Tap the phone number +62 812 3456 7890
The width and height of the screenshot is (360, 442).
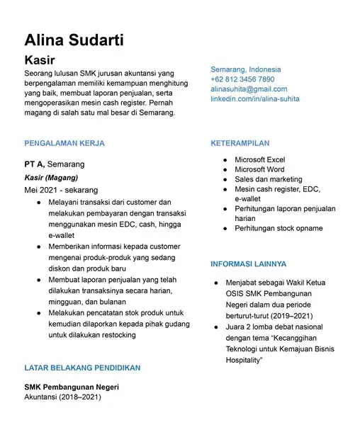(x=242, y=79)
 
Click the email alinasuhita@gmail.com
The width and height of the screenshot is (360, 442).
(x=249, y=89)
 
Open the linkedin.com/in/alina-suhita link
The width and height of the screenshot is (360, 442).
(x=255, y=99)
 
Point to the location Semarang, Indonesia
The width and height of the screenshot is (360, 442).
(x=245, y=69)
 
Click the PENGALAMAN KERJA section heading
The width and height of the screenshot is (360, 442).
(x=64, y=143)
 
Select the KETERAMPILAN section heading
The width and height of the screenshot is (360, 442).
(x=240, y=143)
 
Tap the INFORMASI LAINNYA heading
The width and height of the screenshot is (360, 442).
(x=248, y=264)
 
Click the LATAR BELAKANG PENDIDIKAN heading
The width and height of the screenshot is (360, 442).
(x=82, y=368)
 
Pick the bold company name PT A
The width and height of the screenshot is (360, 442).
(x=35, y=164)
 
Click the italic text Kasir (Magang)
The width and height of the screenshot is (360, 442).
(x=51, y=178)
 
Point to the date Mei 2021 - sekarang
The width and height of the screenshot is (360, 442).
(x=61, y=191)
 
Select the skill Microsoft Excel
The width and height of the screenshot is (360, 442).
(x=259, y=160)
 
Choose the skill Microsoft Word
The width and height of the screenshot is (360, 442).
(x=259, y=170)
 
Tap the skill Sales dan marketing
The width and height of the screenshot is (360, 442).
(x=268, y=180)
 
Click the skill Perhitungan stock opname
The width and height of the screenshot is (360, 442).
(x=279, y=229)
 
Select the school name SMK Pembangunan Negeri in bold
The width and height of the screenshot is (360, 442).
(x=72, y=387)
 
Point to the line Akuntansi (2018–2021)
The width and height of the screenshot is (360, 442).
(x=62, y=397)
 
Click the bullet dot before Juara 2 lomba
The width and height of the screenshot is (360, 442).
(x=217, y=327)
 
